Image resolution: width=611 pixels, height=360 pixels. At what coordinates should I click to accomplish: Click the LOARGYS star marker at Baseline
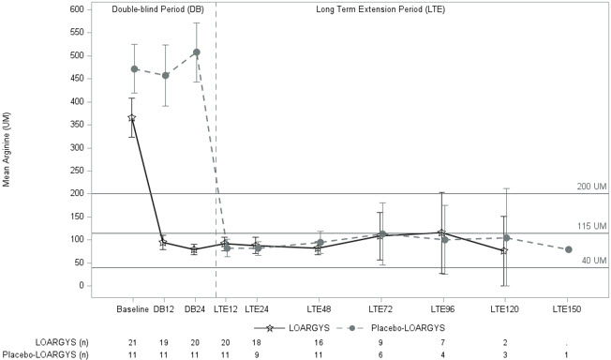tap(132, 117)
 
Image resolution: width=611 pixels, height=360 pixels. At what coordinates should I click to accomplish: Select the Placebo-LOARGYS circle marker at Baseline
tap(135, 68)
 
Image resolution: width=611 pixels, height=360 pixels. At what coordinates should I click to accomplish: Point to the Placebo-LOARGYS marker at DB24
tap(196, 52)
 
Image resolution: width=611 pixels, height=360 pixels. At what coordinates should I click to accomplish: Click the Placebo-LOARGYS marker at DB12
tap(166, 75)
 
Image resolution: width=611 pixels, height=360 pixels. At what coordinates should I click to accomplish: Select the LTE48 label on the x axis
tap(319, 307)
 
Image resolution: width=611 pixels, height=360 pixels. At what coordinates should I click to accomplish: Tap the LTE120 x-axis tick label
tap(503, 307)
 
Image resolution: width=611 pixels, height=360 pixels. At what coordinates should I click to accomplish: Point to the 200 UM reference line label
tap(592, 187)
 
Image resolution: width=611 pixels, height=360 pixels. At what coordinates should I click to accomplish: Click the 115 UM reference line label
tap(592, 226)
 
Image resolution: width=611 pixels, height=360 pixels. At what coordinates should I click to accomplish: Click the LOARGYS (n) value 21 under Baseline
tap(133, 343)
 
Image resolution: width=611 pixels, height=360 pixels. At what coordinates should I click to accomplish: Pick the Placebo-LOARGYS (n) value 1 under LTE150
tap(566, 354)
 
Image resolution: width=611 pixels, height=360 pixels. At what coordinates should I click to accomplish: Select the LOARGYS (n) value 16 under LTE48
tap(319, 343)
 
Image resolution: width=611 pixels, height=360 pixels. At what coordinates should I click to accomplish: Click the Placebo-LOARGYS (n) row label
tap(44, 354)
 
